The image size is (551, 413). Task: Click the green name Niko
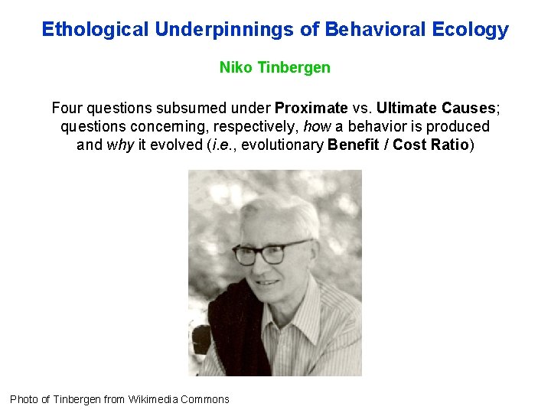pos(236,67)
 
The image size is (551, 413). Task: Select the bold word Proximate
pos(311,108)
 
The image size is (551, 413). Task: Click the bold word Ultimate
pos(406,108)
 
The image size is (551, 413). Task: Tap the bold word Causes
pos(468,108)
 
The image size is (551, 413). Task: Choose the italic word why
pos(121,145)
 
